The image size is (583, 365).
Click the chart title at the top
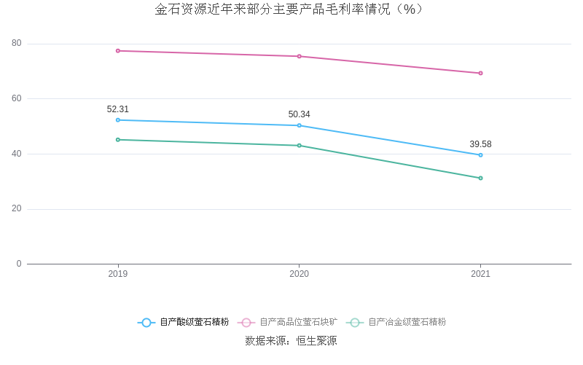(291, 9)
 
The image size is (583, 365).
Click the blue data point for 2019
(118, 120)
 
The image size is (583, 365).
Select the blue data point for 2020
(300, 125)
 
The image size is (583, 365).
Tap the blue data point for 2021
(481, 155)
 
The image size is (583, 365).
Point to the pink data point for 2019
(118, 51)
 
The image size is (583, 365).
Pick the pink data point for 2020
(300, 56)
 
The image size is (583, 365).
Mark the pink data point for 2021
(481, 73)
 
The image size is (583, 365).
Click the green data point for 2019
(118, 140)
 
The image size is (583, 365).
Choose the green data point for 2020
(300, 146)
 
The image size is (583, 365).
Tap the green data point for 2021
(481, 178)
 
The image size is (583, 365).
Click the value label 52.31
(118, 109)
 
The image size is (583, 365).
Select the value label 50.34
(300, 114)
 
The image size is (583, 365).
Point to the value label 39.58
(481, 144)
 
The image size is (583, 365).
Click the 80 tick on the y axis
(17, 44)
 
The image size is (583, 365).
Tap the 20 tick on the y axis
(17, 209)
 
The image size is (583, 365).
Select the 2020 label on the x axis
(300, 274)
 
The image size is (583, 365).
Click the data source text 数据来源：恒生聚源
(291, 341)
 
